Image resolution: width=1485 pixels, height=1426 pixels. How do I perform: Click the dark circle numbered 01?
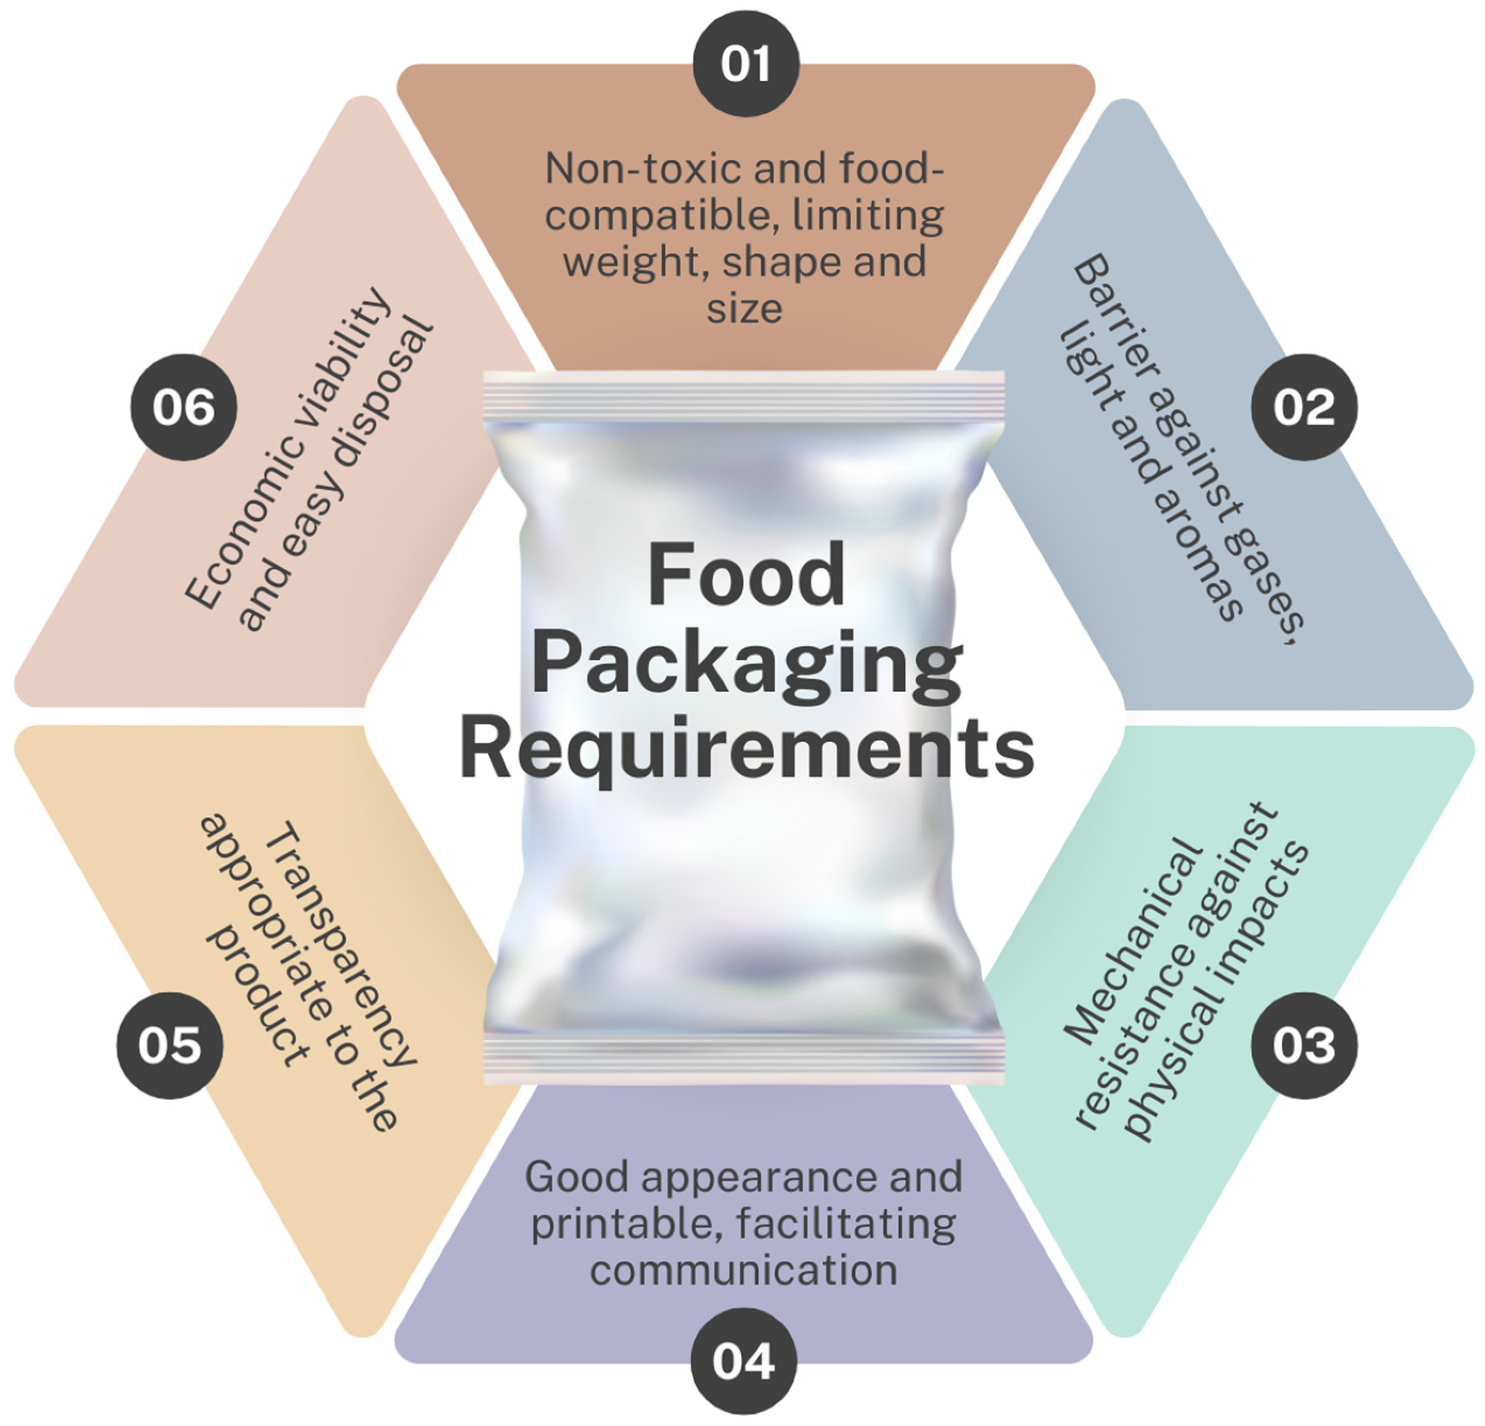(x=746, y=63)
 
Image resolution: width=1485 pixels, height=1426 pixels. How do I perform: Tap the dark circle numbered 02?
(x=1303, y=407)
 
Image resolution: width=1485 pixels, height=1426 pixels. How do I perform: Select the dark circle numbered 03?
(x=1303, y=1045)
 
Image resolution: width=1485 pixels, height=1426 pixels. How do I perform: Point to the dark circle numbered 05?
(x=170, y=1045)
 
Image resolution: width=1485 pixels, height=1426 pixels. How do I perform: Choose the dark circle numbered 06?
(x=183, y=407)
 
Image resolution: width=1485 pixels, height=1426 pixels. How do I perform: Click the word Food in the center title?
(x=746, y=575)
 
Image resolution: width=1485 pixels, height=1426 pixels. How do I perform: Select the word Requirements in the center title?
(x=746, y=748)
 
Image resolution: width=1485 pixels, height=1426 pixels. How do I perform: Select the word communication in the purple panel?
(x=743, y=1270)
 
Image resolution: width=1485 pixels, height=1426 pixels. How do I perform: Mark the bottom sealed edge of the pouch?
(x=743, y=1057)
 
